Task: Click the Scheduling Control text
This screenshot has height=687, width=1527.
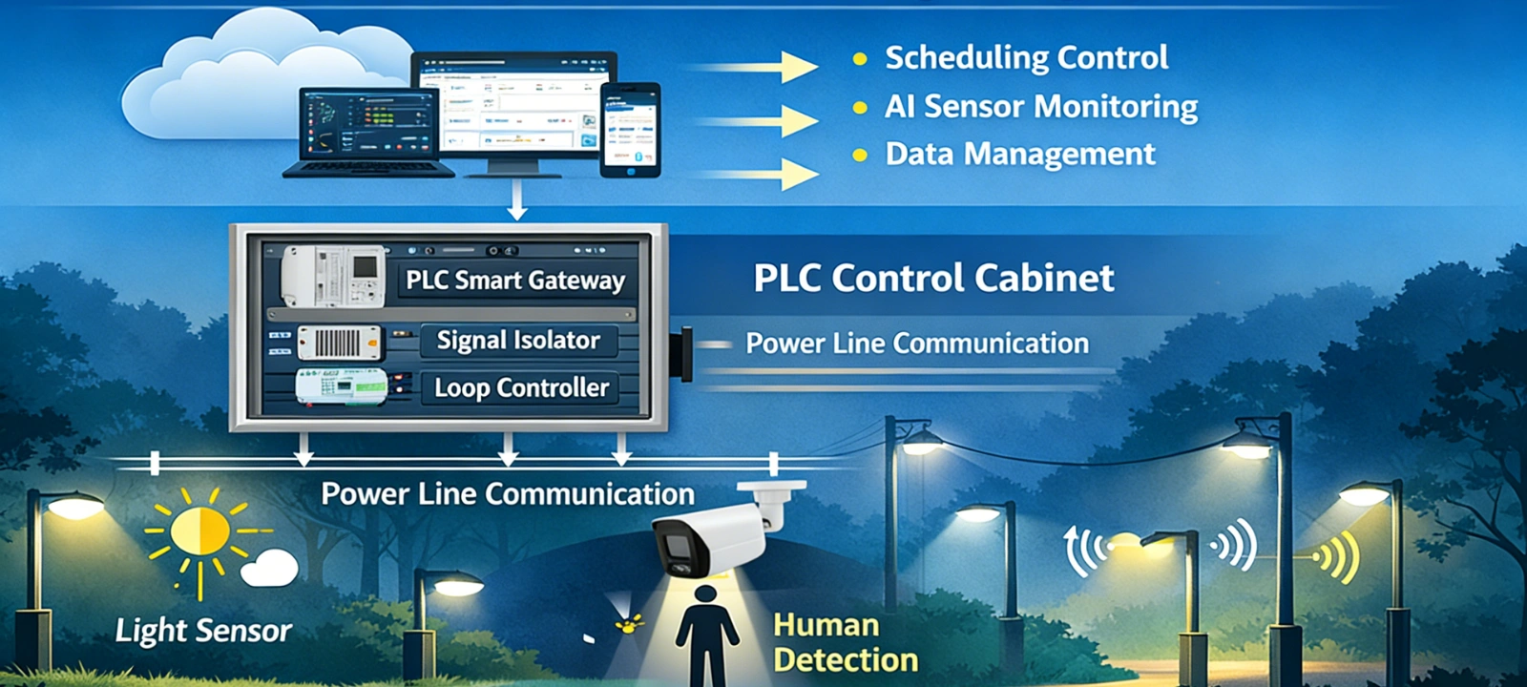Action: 1026,58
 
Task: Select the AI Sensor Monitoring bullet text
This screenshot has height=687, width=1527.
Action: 1040,106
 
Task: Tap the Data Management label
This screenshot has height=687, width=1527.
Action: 1019,154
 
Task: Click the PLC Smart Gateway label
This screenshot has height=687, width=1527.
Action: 515,281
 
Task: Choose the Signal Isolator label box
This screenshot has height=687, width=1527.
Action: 518,341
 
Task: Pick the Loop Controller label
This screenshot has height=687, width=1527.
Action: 521,387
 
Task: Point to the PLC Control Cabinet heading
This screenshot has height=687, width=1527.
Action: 933,279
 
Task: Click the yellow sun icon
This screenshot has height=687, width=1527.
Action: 200,531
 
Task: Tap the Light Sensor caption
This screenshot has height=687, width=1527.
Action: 203,631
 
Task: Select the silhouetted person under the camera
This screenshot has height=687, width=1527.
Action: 706,635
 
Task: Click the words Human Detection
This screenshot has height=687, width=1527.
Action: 845,642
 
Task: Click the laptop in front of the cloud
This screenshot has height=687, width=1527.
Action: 367,134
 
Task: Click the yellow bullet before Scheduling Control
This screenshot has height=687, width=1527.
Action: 860,59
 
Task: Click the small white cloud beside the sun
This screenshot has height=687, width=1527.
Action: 269,569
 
